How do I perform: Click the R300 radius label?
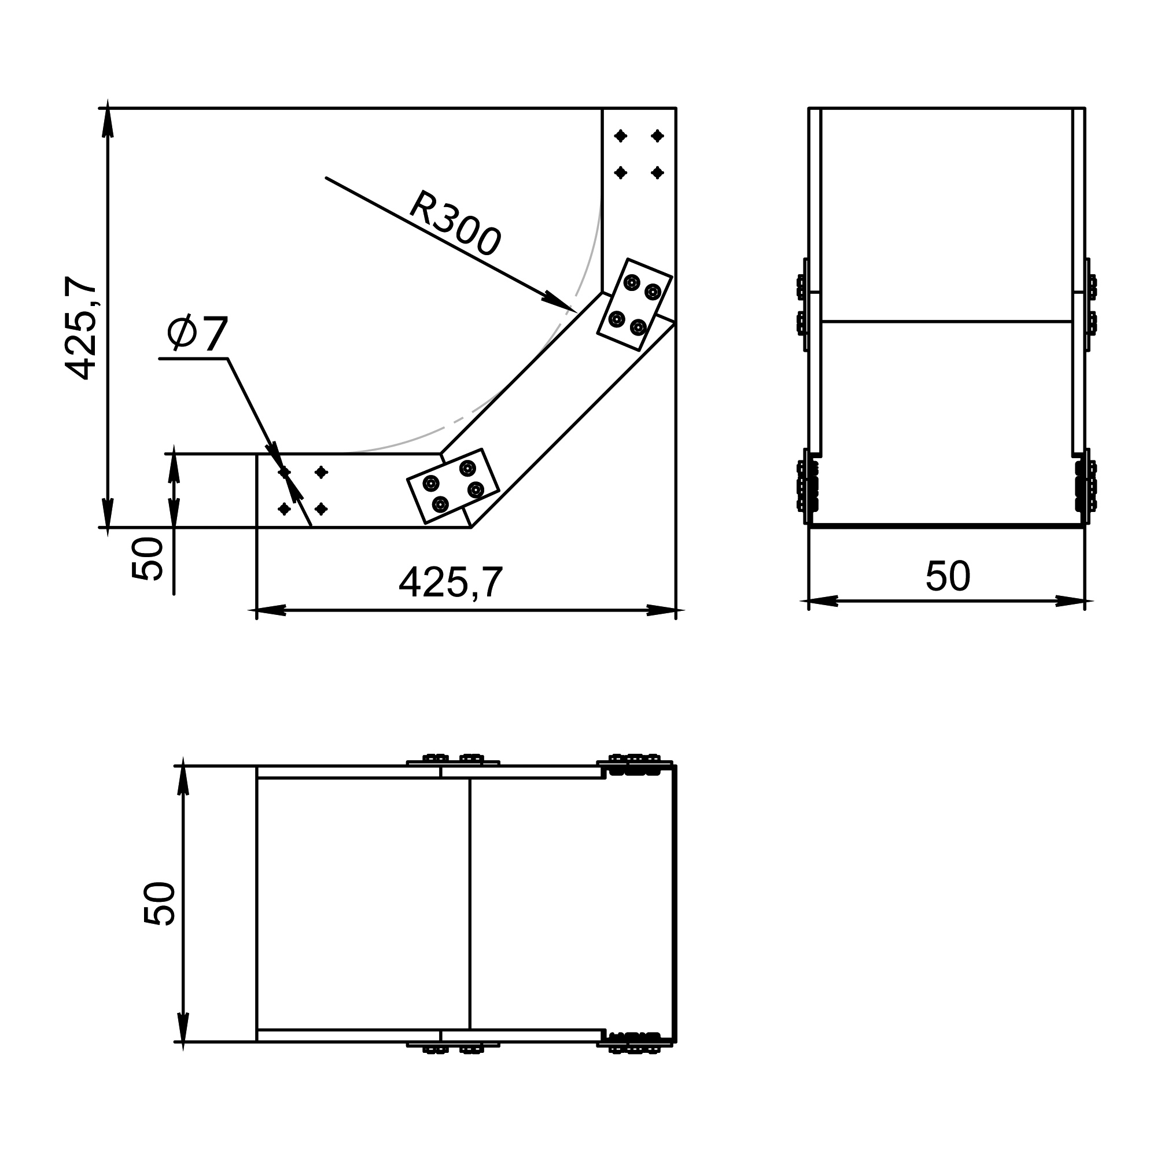point(455,224)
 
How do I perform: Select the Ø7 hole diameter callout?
point(198,333)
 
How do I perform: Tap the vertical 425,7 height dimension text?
point(81,328)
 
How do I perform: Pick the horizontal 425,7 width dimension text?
point(450,582)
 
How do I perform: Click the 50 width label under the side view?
point(948,576)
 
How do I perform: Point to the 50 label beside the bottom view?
point(160,904)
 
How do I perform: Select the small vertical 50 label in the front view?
point(148,559)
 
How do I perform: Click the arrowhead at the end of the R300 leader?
point(558,302)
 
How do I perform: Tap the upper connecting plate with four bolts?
point(635,304)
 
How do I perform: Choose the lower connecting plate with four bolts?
point(453,487)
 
